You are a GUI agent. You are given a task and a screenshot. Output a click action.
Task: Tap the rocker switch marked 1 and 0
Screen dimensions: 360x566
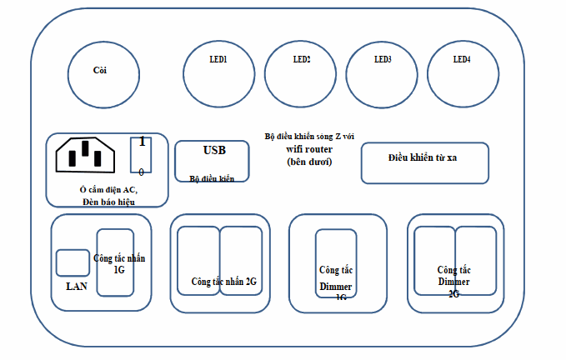(x=142, y=156)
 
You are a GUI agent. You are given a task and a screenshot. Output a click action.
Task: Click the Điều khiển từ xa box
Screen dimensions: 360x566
(x=423, y=162)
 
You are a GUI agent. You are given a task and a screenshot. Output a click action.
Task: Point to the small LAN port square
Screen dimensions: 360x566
(x=73, y=262)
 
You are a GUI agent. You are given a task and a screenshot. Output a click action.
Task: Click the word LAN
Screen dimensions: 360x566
(x=76, y=286)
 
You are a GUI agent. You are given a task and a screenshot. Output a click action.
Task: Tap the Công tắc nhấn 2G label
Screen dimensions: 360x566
(x=223, y=282)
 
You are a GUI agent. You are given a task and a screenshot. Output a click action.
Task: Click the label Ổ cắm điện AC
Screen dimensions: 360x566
(x=108, y=190)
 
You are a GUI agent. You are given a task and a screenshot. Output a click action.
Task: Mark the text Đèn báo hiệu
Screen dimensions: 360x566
(x=108, y=202)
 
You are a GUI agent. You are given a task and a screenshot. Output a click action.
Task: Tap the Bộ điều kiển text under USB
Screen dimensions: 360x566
(x=212, y=178)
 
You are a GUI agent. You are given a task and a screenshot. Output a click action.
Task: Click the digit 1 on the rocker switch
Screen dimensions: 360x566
(x=143, y=142)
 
